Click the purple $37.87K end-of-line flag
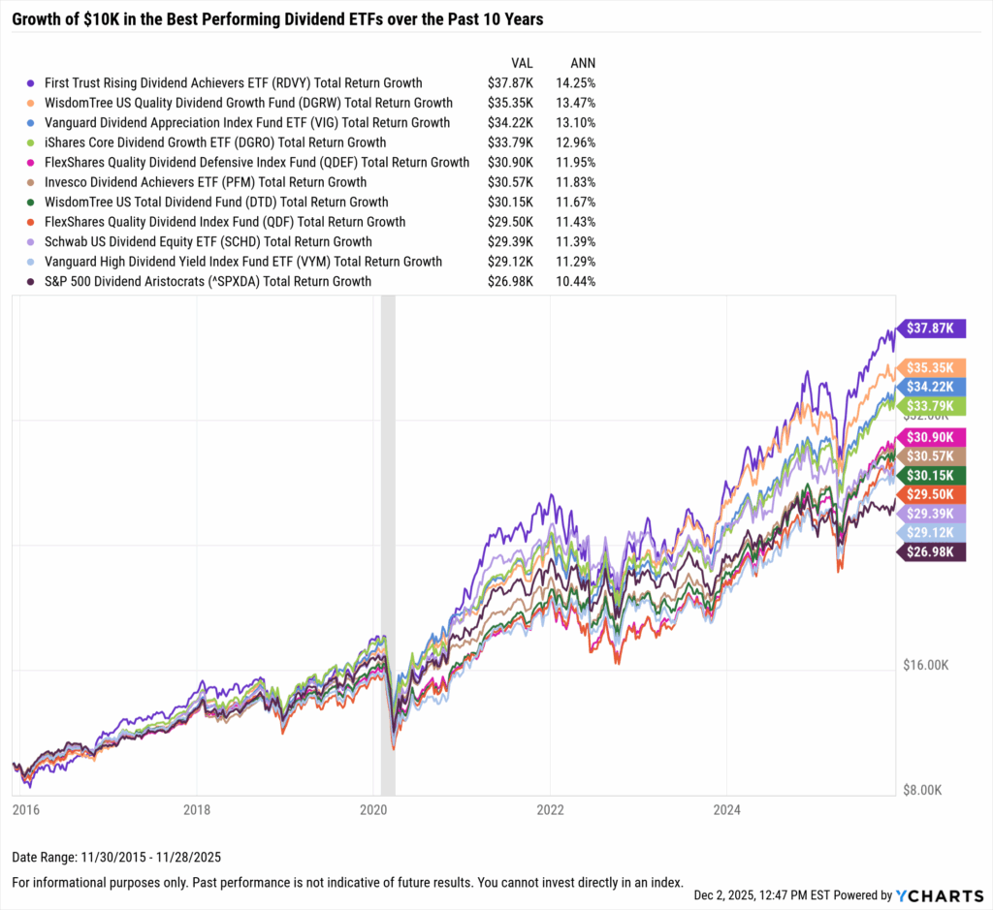point(932,329)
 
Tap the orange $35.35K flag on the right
point(932,367)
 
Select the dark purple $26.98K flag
point(932,552)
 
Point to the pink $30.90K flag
point(932,437)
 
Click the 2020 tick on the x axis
point(373,808)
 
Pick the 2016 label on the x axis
point(21,808)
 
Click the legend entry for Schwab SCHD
point(208,241)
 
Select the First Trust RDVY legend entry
point(233,83)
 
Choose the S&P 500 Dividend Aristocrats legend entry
point(207,281)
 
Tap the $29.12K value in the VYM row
point(509,262)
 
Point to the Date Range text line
point(117,859)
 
